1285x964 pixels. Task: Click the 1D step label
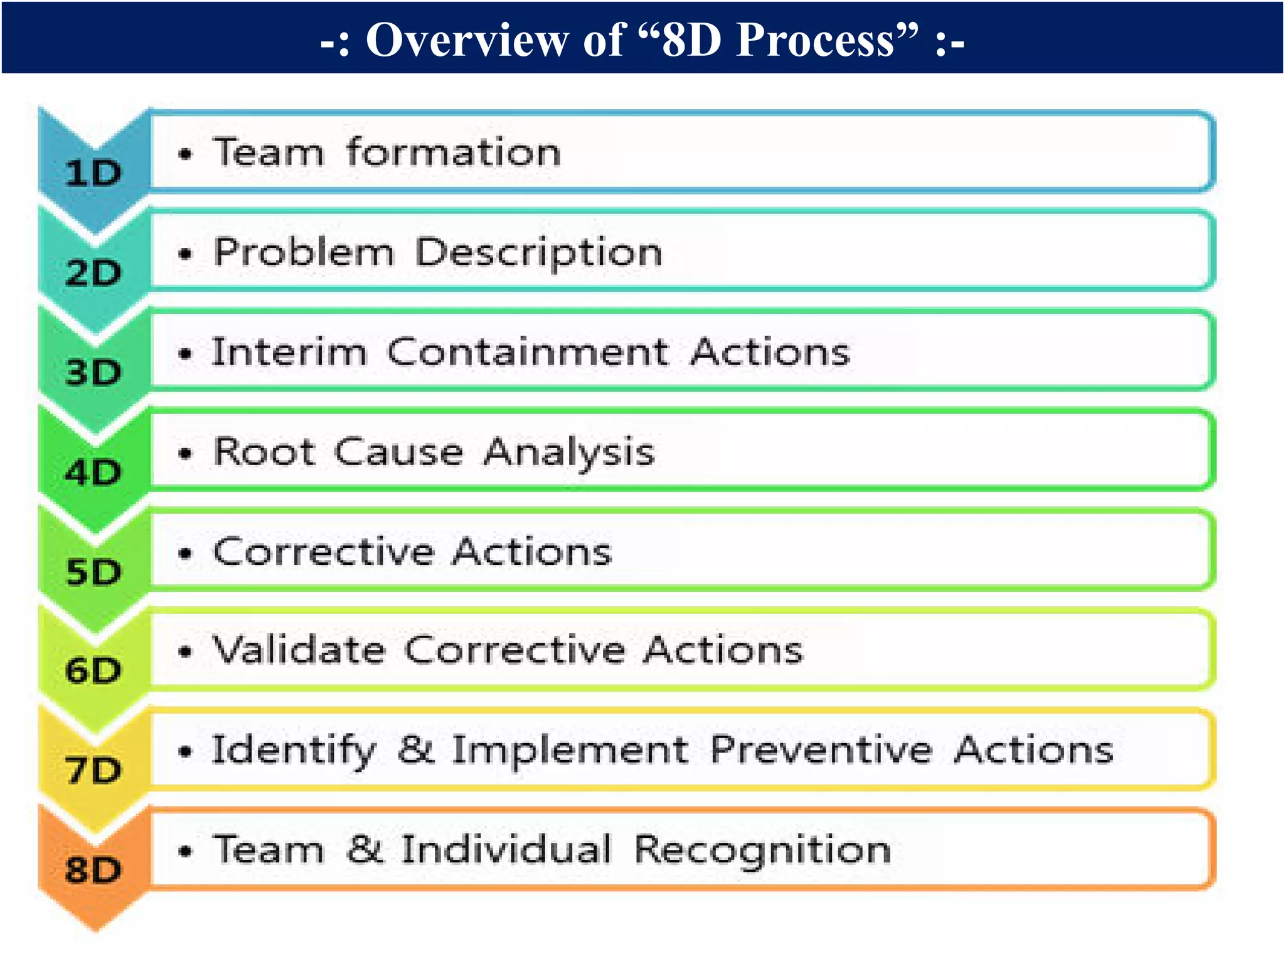click(93, 173)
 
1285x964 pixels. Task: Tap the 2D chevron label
click(93, 273)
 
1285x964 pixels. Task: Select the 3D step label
click(93, 372)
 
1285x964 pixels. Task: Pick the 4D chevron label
click(93, 472)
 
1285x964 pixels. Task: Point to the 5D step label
click(93, 572)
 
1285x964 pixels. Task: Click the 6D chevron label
click(93, 670)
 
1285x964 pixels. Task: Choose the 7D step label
click(93, 770)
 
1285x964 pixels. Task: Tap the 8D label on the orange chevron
click(93, 870)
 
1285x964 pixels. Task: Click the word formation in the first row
click(454, 153)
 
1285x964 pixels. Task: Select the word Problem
click(304, 252)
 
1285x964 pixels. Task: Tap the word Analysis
click(569, 453)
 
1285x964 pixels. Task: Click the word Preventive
click(821, 749)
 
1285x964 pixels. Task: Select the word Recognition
click(762, 851)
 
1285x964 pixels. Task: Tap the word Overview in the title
click(466, 40)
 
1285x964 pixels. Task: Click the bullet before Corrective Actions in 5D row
click(184, 554)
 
